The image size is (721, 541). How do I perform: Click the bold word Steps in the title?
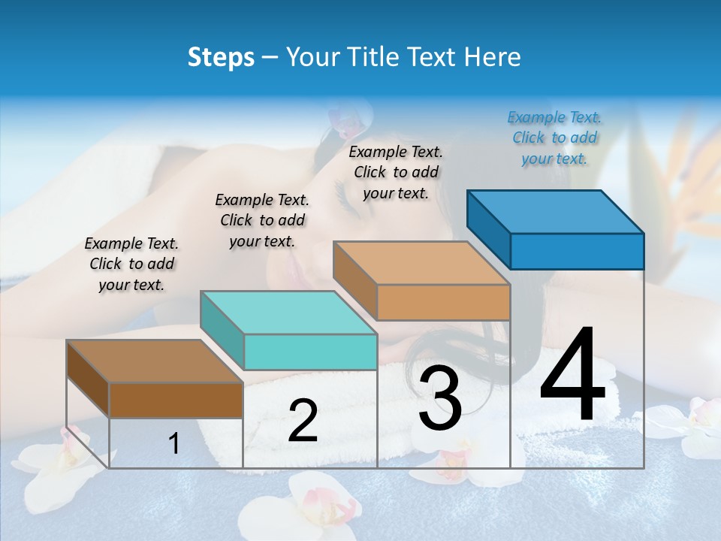coord(221,57)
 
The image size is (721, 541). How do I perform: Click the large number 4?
coord(572,376)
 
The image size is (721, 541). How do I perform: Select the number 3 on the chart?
coord(440,398)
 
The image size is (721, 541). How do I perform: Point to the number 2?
coord(303,421)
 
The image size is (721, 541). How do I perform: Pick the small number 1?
coord(174,443)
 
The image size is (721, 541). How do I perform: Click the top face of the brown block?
coord(155,361)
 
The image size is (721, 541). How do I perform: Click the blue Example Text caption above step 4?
coord(554,138)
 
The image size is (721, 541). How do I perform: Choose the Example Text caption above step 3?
coord(396,172)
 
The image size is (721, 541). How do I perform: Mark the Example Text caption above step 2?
coord(262,220)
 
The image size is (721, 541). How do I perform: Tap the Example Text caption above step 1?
coord(131,264)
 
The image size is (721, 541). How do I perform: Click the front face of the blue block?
coord(577,251)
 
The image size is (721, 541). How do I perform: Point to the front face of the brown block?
coord(176,400)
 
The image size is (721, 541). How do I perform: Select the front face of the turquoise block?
coord(310,352)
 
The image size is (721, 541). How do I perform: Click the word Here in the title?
coord(493,57)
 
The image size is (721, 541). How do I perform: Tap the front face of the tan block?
coord(443,302)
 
